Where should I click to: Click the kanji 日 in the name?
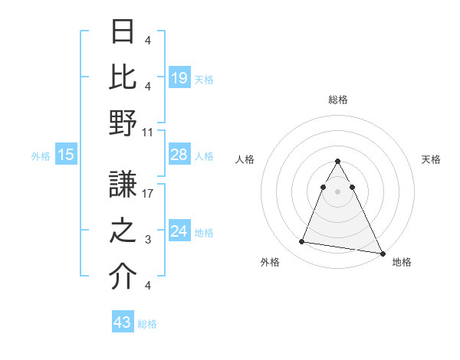click(123, 33)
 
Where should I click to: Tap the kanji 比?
click(123, 77)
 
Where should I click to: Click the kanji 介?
click(123, 277)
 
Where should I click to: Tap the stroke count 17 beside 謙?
click(148, 194)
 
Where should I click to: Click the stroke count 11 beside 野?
click(148, 132)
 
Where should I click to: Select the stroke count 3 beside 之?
click(148, 240)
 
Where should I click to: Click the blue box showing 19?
click(179, 78)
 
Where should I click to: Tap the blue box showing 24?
click(179, 232)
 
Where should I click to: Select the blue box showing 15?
click(66, 155)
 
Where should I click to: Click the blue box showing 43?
click(122, 323)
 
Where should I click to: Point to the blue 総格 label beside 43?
click(148, 324)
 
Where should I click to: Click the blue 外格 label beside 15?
click(41, 156)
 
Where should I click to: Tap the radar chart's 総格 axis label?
click(338, 100)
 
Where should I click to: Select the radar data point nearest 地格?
click(383, 254)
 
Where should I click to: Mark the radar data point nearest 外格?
click(302, 242)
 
